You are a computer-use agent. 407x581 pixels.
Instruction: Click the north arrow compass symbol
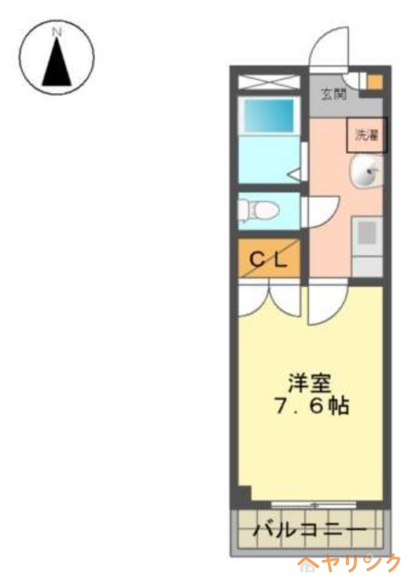coord(57,57)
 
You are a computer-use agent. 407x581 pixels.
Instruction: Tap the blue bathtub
coord(267,115)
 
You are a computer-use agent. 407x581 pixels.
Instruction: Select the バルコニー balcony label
coord(308,532)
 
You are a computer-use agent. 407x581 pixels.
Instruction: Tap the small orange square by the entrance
coord(374,81)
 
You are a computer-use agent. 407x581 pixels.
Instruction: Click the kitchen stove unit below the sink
coord(367,237)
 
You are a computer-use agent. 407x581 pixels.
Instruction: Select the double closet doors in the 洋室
coord(270,299)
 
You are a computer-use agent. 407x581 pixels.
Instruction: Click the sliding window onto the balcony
coord(313,505)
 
